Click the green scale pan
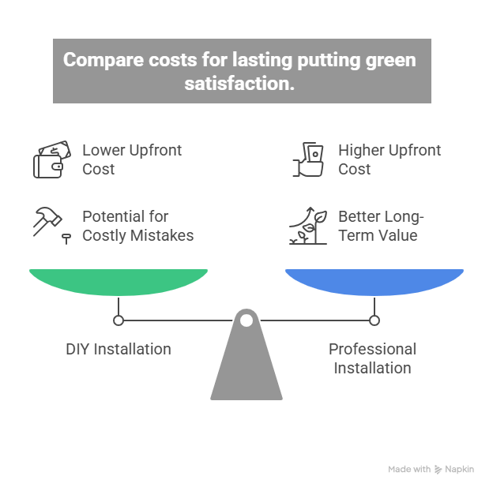(x=119, y=281)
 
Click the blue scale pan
(x=374, y=281)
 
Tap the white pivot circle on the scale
(x=246, y=320)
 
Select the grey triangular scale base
(x=246, y=367)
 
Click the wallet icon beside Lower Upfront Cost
(x=47, y=159)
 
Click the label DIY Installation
(x=119, y=349)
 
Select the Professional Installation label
(x=372, y=358)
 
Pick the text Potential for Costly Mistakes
(x=137, y=226)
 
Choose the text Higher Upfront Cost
(x=390, y=159)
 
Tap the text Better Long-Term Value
(x=380, y=226)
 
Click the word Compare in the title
(x=100, y=60)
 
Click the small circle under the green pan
(x=119, y=320)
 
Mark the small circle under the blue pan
(x=374, y=320)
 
